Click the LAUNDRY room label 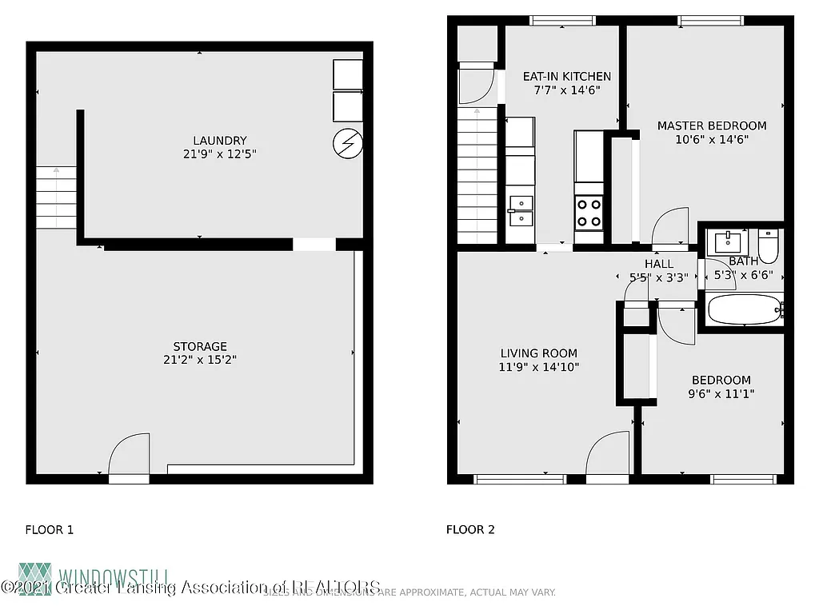pos(219,141)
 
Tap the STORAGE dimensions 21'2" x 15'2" pos(200,360)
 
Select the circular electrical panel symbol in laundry pos(347,143)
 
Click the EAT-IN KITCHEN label pos(566,77)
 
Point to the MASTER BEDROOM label pos(711,126)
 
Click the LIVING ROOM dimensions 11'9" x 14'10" pos(538,367)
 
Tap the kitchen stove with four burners pos(589,213)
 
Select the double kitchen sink pos(521,210)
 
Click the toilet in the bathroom pos(769,246)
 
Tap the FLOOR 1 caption pos(50,529)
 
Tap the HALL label pos(658,264)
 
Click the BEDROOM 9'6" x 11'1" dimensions pos(721,393)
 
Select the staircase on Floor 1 pos(56,197)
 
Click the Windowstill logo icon pos(35,579)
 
